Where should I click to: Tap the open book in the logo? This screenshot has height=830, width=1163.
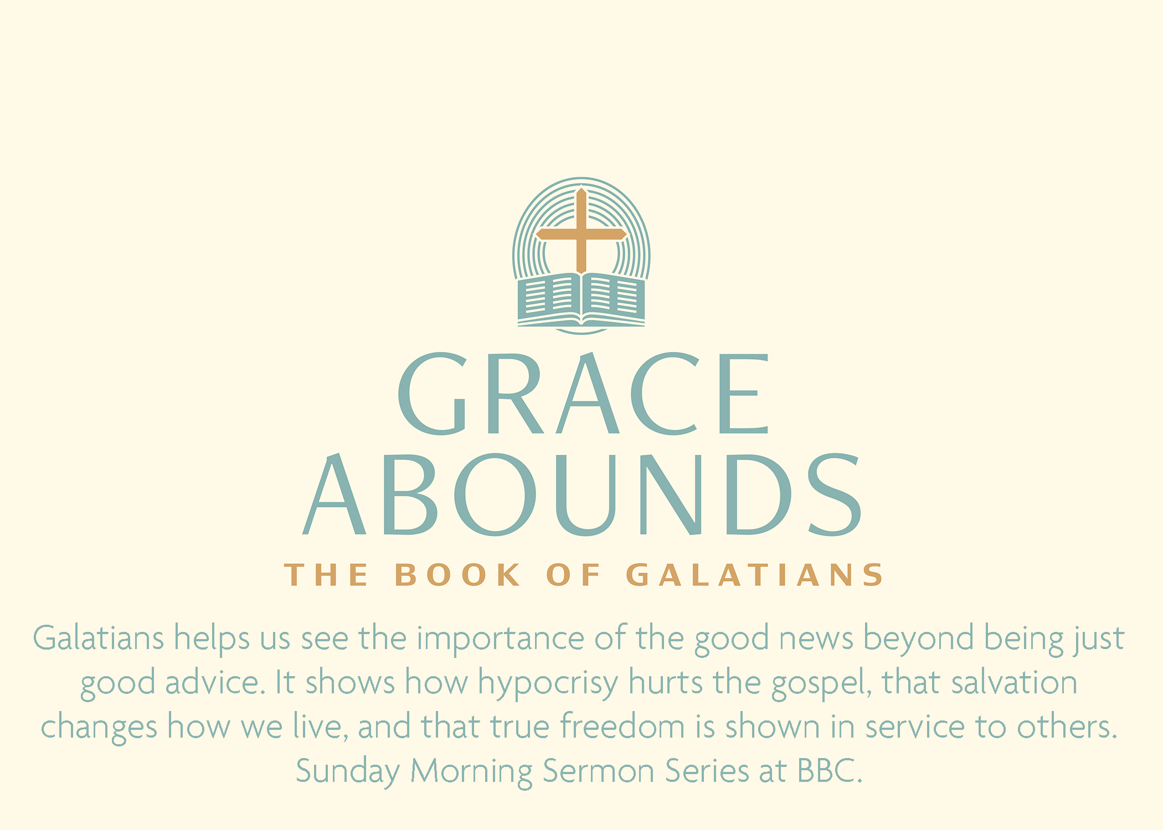tap(581, 299)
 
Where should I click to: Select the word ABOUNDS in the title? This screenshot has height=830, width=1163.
tap(581, 495)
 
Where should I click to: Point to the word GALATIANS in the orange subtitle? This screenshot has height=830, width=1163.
tap(754, 574)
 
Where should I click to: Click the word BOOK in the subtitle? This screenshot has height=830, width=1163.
tap(457, 574)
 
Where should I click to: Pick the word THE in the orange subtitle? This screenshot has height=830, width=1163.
tap(326, 574)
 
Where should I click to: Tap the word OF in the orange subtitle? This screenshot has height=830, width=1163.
tap(573, 574)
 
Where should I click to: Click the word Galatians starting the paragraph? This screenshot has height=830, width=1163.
tap(99, 638)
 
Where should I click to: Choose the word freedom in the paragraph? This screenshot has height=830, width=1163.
tap(622, 726)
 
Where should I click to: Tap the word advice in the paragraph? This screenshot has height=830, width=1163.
tap(212, 682)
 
